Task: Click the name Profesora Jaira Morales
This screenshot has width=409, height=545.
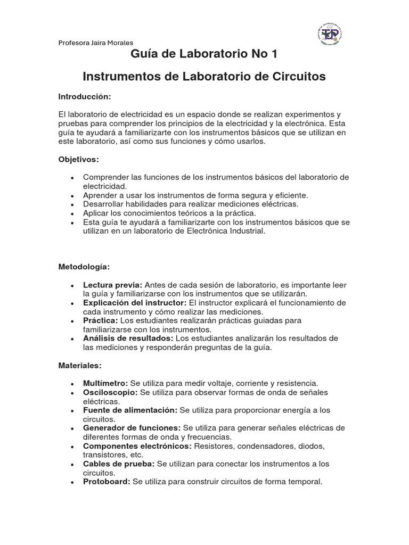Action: click(x=96, y=43)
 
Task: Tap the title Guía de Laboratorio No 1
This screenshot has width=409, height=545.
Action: click(x=204, y=54)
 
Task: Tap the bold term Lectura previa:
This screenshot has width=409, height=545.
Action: click(x=112, y=285)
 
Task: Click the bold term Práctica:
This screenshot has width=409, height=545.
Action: click(x=101, y=320)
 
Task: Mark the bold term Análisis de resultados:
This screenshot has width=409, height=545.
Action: click(x=128, y=338)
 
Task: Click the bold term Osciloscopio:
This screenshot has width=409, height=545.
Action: click(x=110, y=392)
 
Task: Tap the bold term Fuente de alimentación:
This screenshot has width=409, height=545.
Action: click(x=130, y=410)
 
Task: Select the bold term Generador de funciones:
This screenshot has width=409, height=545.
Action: click(x=132, y=428)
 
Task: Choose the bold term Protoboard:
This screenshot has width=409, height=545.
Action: click(x=107, y=482)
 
